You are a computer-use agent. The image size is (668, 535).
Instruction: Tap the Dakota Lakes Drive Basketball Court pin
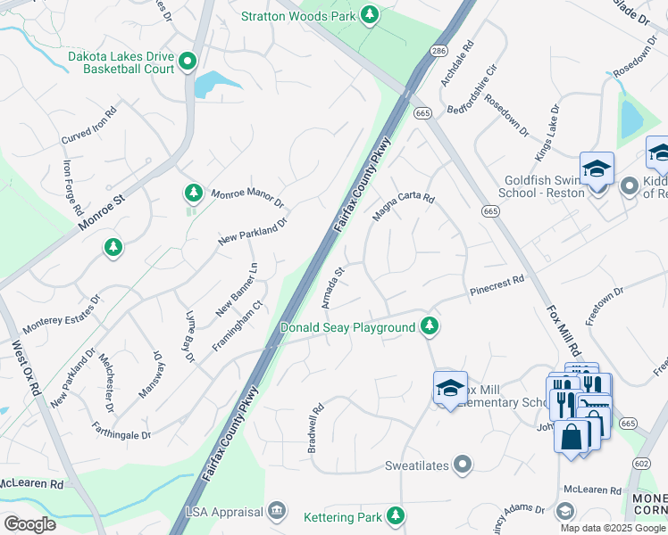(188, 61)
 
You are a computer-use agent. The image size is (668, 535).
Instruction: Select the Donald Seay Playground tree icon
(430, 327)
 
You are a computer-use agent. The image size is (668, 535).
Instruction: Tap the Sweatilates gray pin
(463, 465)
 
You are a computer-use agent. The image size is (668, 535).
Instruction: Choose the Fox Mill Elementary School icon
(450, 388)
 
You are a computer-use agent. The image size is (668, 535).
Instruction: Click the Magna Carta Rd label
(403, 210)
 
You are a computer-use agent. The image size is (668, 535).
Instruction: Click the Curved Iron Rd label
(88, 127)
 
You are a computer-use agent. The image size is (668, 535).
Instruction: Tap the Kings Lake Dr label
(547, 134)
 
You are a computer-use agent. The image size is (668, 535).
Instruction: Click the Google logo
(29, 523)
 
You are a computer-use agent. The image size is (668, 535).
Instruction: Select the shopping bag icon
(570, 437)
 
